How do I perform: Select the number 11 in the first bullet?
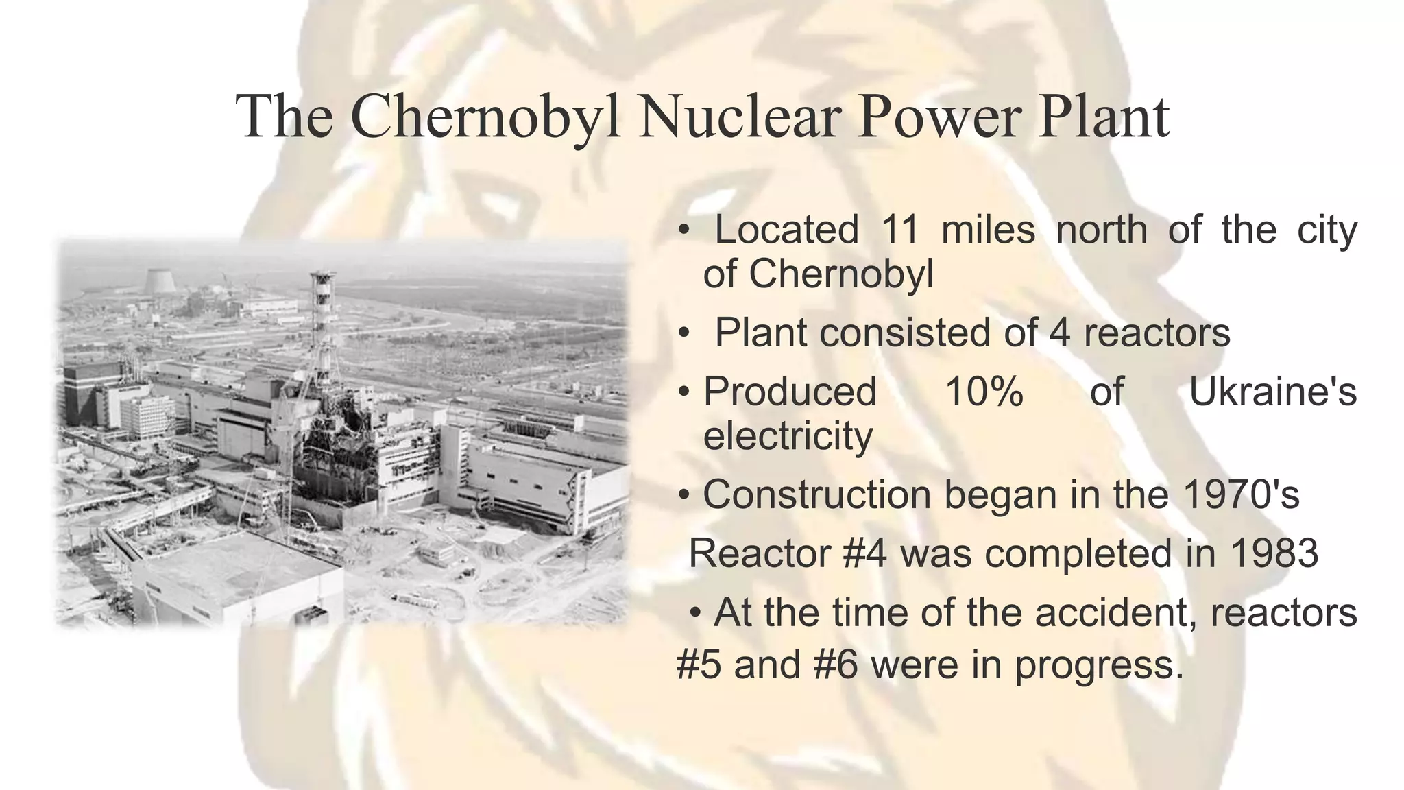pos(899,230)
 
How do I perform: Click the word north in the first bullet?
pos(1101,230)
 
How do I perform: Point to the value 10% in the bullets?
pos(983,392)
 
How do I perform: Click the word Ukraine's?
pos(1272,392)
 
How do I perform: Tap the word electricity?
pos(788,436)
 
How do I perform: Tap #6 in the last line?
pos(836,665)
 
